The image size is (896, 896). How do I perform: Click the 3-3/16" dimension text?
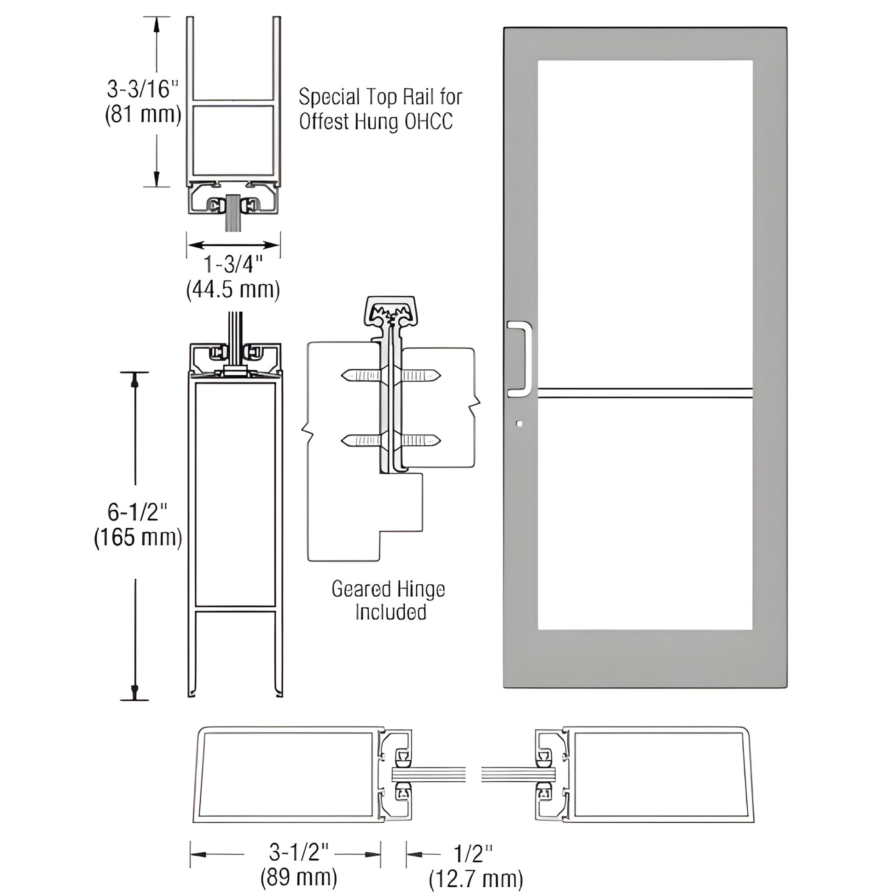[142, 89]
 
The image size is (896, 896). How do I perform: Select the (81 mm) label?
[143, 115]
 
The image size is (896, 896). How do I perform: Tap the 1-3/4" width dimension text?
[233, 265]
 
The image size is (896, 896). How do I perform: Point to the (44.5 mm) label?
[233, 291]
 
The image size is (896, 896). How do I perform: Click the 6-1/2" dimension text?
[137, 512]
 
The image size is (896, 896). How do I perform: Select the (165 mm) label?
[138, 538]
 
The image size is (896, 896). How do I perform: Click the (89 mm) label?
[299, 878]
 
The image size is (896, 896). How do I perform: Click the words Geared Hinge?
[388, 589]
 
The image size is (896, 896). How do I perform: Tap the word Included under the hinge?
[390, 612]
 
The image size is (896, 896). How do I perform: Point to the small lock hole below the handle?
[519, 424]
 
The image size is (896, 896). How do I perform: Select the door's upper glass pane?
[645, 222]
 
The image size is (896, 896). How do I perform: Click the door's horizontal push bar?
[645, 394]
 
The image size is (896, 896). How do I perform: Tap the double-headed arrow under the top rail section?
[233, 245]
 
